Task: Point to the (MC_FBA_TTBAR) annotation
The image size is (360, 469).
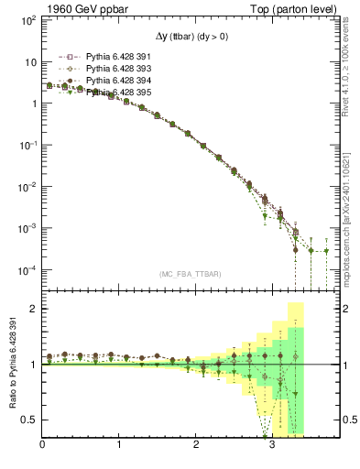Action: [x=190, y=273]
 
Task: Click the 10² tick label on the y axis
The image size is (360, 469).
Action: [x=28, y=20]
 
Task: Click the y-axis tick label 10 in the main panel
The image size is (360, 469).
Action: [x=30, y=61]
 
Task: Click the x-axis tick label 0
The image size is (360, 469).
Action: [x=42, y=446]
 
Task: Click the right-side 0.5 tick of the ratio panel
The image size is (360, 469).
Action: [x=347, y=420]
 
